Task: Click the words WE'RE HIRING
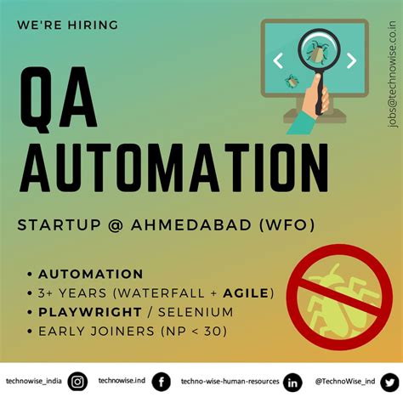[x=67, y=25]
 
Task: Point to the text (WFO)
[x=287, y=225]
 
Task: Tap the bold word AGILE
[x=241, y=292]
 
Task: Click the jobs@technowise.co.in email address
[x=391, y=77]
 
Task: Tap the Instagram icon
[x=77, y=383]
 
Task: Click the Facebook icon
[x=160, y=383]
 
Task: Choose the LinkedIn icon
[x=292, y=383]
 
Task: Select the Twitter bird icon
[x=389, y=383]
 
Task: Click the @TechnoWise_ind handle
[x=344, y=383]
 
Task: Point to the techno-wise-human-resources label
[x=230, y=383]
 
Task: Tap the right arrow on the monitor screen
[x=351, y=60]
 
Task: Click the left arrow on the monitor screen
[x=277, y=60]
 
